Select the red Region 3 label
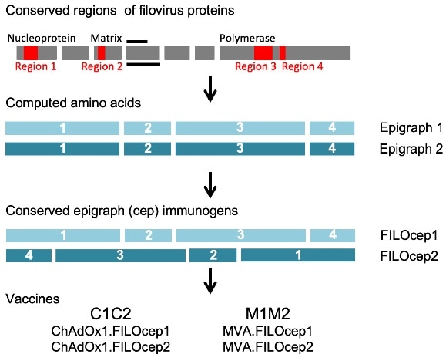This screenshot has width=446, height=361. pyautogui.click(x=256, y=67)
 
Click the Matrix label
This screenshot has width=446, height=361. pyautogui.click(x=105, y=37)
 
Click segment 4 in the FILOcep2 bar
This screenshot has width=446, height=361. pyautogui.click(x=29, y=255)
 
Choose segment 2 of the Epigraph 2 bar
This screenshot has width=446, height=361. pyautogui.click(x=147, y=148)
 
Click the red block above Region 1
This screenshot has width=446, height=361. pyautogui.click(x=31, y=52)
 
